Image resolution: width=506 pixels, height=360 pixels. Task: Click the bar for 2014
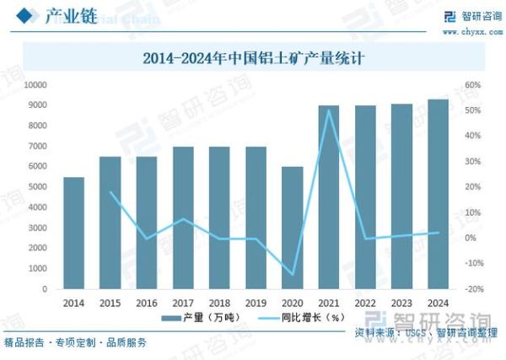coord(74,233)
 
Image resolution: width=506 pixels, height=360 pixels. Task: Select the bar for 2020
coord(292,228)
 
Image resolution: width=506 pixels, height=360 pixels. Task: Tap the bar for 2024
coord(438,194)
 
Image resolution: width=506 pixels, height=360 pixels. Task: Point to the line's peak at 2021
coord(328,110)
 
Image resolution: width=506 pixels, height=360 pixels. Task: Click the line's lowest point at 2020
coord(292,274)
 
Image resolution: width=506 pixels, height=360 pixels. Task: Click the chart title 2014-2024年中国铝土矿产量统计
coord(252,59)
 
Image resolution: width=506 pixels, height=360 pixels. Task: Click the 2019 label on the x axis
coord(256,303)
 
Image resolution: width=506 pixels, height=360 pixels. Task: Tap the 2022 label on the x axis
coord(365,303)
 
